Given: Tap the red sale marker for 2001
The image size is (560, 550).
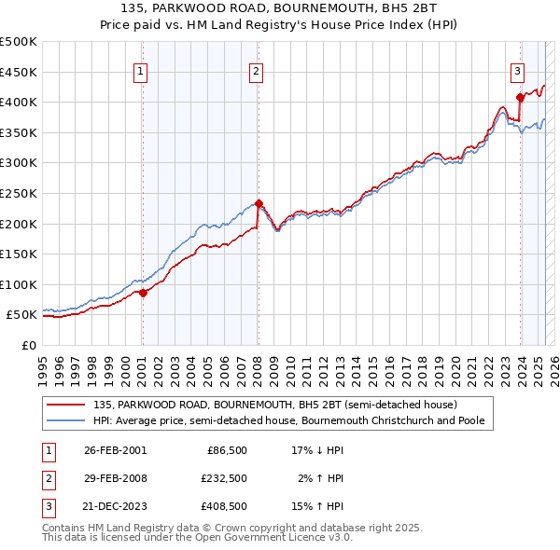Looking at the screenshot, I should (x=144, y=293).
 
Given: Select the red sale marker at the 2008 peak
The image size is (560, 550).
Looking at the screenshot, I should (x=259, y=203).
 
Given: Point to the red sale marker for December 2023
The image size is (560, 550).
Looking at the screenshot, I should (x=520, y=96).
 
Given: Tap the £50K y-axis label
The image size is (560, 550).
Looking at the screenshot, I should (x=22, y=315).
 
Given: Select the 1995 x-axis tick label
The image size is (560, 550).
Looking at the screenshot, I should (x=43, y=364).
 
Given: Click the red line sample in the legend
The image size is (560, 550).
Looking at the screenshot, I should (x=66, y=406).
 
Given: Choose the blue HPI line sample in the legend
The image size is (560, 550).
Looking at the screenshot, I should (x=66, y=420).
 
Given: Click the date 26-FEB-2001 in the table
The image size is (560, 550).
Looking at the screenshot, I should (x=115, y=450).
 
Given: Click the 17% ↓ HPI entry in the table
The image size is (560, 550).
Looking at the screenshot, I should (x=318, y=450).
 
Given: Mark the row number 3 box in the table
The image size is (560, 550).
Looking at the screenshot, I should (x=46, y=508).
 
